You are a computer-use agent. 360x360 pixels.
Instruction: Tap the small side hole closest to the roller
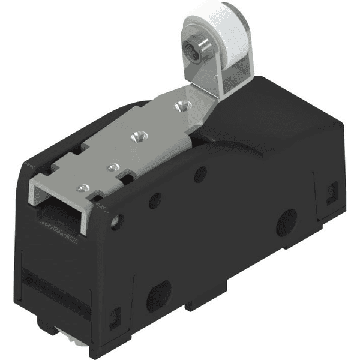200,174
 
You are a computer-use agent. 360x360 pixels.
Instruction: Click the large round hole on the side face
287,221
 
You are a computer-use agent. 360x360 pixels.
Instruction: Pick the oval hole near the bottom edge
158,295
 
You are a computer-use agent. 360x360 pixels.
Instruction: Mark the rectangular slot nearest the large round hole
329,193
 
